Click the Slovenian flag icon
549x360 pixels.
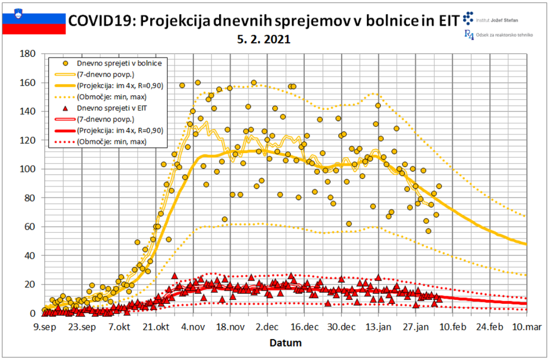[34, 23]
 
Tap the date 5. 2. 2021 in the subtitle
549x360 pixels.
[263, 40]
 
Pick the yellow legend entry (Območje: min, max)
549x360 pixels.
[111, 96]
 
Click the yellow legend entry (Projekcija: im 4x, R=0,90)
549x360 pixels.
[119, 85]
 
